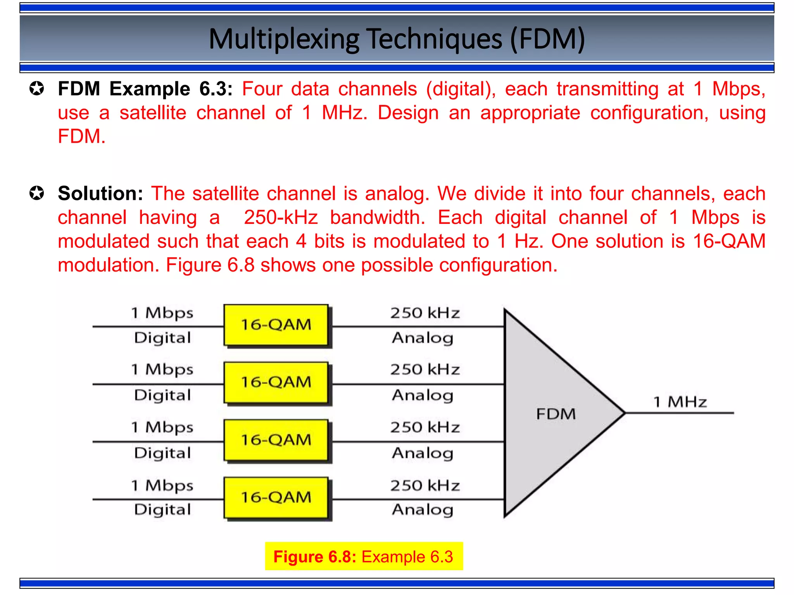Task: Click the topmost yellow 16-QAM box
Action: pos(276,325)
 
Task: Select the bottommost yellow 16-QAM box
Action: pos(276,498)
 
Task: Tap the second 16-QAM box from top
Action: pos(276,382)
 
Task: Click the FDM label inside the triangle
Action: pos(556,414)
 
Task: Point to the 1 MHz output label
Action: pos(680,402)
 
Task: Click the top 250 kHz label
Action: pos(425,313)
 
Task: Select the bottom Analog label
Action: pos(423,510)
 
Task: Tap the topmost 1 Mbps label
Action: pos(162,313)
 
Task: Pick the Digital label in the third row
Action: pos(162,453)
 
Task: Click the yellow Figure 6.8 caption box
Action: pos(364,556)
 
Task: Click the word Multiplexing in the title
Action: pos(284,39)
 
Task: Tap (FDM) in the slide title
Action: pos(547,39)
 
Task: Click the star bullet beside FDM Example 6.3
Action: pos(37,89)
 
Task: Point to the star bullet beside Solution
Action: pos(37,193)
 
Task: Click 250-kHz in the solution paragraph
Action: pos(281,217)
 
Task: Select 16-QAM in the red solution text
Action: pos(729,241)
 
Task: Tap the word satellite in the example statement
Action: pos(153,113)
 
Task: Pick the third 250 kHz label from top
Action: pos(425,427)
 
